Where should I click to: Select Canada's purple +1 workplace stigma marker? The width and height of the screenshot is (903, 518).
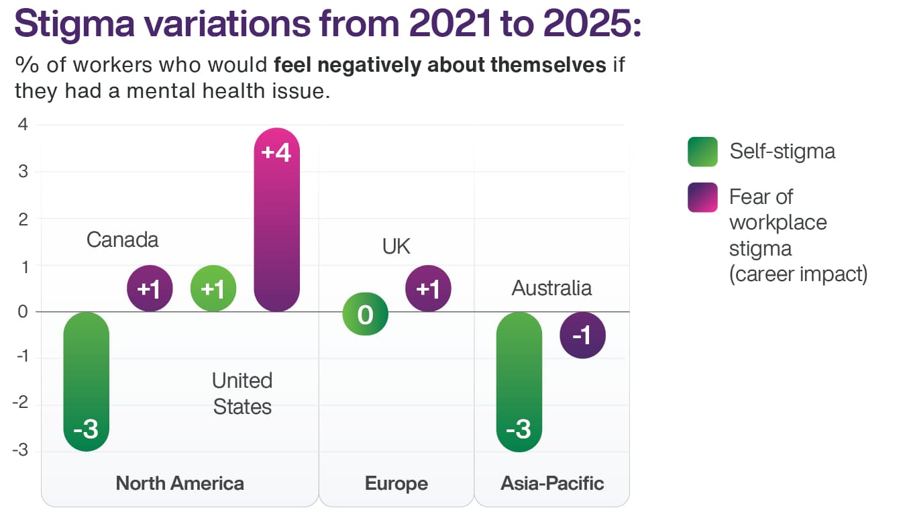click(x=150, y=289)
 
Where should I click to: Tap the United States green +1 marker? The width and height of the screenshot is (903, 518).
click(x=213, y=289)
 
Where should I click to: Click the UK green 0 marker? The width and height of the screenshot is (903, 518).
click(x=365, y=313)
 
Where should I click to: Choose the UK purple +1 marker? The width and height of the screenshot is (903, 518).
click(x=428, y=289)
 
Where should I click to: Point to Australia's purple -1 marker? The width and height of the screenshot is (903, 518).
click(x=582, y=335)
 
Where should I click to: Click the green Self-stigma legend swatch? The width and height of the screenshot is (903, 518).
click(x=702, y=151)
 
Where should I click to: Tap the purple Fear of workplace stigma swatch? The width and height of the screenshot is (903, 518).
click(x=702, y=197)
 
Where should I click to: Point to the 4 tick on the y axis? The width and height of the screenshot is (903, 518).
click(x=23, y=125)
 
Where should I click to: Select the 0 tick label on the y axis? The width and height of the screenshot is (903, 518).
click(x=23, y=312)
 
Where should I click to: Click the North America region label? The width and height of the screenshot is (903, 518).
click(x=180, y=483)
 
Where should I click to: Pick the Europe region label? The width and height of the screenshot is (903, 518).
click(x=396, y=483)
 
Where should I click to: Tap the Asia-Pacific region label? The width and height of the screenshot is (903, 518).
click(x=552, y=483)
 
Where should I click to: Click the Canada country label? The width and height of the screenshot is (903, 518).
click(x=122, y=240)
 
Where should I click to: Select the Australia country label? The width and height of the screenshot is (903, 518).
click(x=551, y=288)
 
